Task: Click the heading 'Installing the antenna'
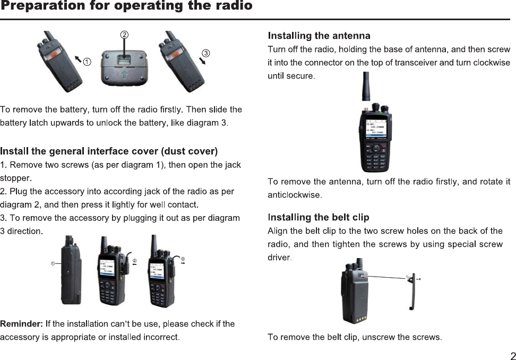pyautogui.click(x=319, y=36)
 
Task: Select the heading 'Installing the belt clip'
pyautogui.click(x=319, y=217)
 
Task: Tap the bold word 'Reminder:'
pyautogui.click(x=22, y=324)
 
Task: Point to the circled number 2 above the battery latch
pyautogui.click(x=124, y=35)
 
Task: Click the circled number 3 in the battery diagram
pyautogui.click(x=206, y=53)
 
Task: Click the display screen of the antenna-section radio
pyautogui.click(x=374, y=128)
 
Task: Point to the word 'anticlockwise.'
pyautogui.click(x=295, y=195)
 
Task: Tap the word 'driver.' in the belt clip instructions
pyautogui.click(x=280, y=258)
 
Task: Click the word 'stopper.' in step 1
pyautogui.click(x=16, y=177)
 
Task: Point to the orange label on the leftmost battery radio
pyautogui.click(x=55, y=54)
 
